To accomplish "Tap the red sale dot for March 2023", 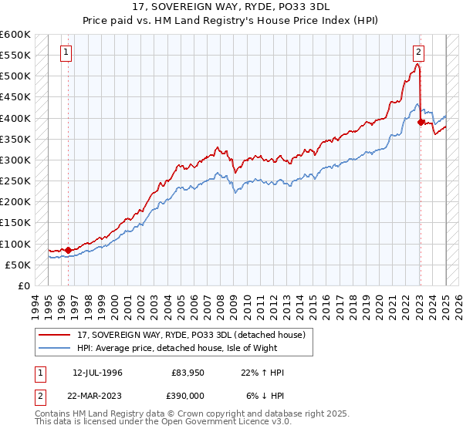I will click(x=421, y=122).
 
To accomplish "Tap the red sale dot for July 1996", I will click(x=68, y=250).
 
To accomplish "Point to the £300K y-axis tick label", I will click(x=15, y=160).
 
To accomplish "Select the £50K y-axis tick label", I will click(x=18, y=265).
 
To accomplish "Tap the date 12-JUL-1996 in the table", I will click(x=97, y=373).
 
